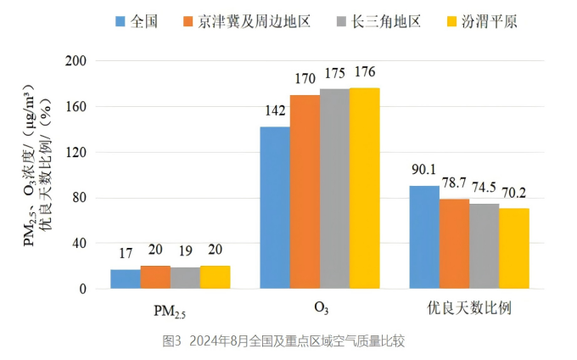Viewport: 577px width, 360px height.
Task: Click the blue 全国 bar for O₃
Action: coord(275,208)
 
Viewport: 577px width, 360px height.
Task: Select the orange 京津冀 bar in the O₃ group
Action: coord(305,192)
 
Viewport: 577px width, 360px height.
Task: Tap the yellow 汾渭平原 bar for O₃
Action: coord(365,188)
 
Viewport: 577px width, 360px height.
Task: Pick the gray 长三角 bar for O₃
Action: coord(334,189)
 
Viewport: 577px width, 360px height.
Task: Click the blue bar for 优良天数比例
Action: coord(424,237)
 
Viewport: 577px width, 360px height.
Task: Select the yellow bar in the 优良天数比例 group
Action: coord(514,249)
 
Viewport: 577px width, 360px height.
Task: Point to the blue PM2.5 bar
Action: coord(126,279)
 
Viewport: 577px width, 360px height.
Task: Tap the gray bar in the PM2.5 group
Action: coord(185,278)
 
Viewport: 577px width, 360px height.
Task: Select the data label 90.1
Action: coord(424,169)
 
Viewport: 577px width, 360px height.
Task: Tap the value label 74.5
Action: coord(485,186)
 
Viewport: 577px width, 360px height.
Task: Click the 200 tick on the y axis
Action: coord(76,61)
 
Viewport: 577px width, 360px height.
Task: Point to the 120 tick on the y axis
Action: coord(76,153)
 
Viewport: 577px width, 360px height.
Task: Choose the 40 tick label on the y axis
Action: coord(79,244)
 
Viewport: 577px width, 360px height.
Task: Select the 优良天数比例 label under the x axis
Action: coord(469,307)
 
